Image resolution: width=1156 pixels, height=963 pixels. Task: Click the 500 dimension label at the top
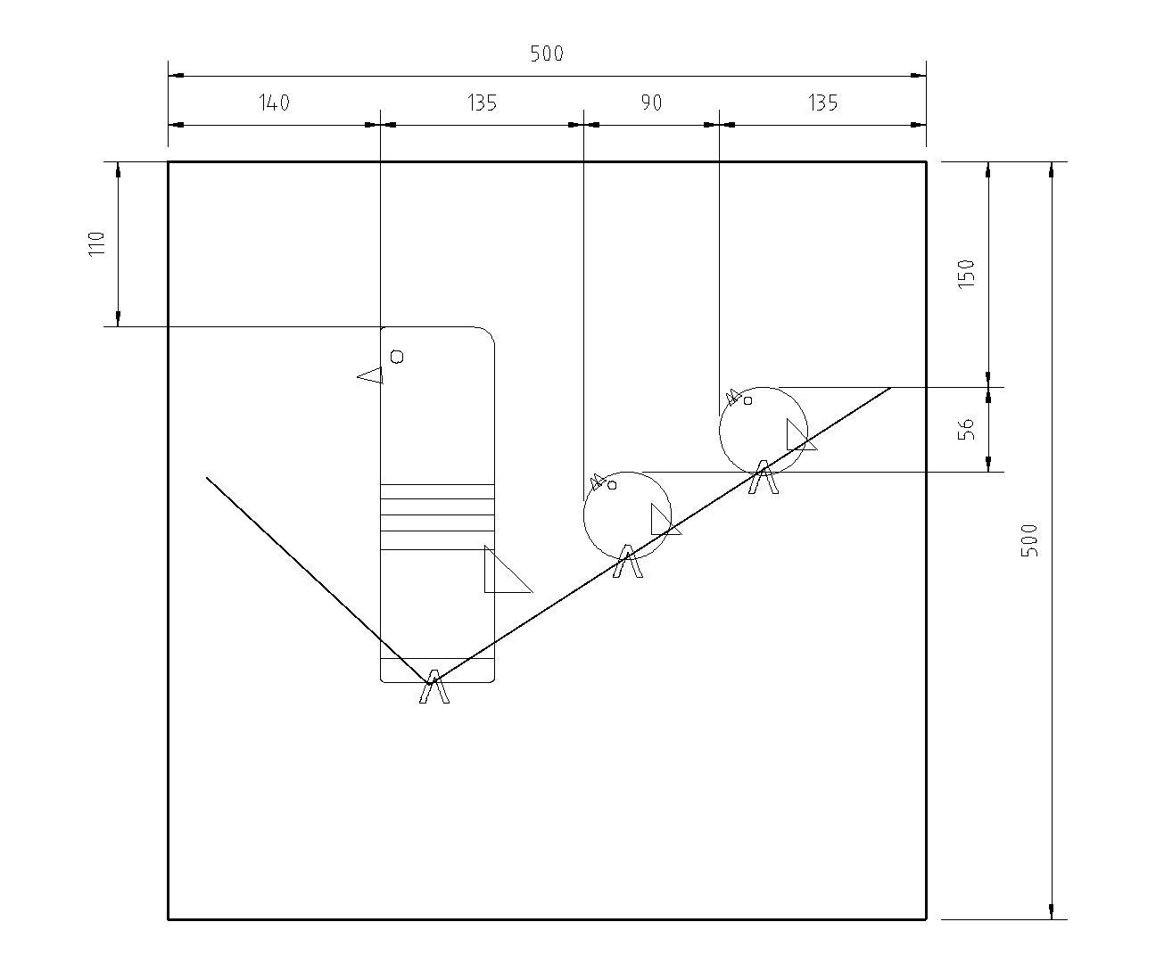coord(547,53)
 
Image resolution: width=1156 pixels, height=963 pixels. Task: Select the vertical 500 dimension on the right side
coord(1029,540)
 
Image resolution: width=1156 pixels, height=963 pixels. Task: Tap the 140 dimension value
coord(275,103)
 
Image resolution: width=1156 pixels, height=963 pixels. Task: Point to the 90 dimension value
coord(652,103)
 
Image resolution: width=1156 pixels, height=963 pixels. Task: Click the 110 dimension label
coord(97,243)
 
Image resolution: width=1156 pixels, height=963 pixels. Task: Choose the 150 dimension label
coord(966,273)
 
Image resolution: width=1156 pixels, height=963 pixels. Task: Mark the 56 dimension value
coord(966,429)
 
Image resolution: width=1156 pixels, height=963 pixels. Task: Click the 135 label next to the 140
coord(482,103)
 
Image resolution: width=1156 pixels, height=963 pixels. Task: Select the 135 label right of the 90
coord(823,103)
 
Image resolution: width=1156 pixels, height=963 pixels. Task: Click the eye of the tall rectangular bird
coord(397,357)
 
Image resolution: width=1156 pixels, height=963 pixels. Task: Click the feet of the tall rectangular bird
coord(434,687)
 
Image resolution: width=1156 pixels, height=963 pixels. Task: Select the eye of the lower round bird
coord(612,485)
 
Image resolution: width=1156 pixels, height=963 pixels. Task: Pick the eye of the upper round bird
coord(747,400)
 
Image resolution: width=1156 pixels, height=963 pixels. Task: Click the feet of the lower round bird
coord(628,564)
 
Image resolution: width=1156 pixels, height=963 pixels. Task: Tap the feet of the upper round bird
coord(763,478)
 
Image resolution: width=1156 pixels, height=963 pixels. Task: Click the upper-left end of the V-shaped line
coord(207,478)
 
